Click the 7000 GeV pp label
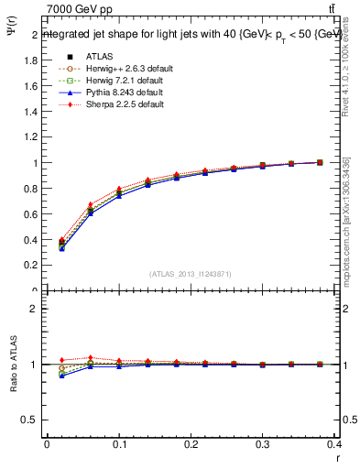pyautogui.click(x=78, y=9)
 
